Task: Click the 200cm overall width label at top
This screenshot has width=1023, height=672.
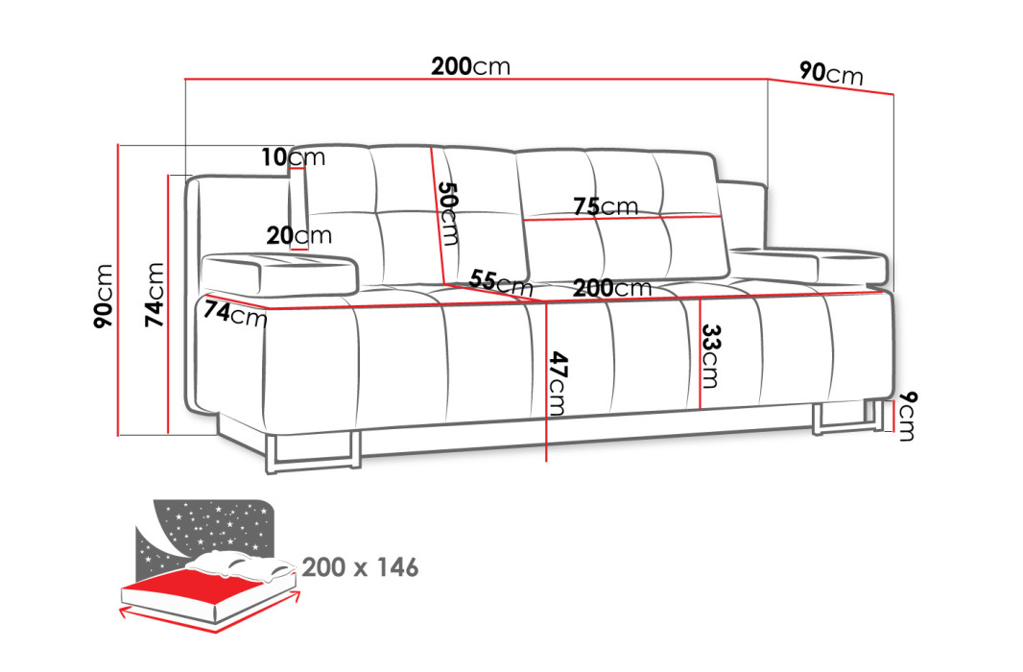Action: (470, 66)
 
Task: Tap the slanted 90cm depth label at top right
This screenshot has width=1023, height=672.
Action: (831, 73)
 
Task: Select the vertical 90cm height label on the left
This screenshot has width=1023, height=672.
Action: (104, 296)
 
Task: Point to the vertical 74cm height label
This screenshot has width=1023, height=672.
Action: (154, 295)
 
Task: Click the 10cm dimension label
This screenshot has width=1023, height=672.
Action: (293, 156)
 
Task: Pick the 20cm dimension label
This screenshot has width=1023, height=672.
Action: (298, 235)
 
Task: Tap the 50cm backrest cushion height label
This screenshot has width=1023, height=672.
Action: (449, 213)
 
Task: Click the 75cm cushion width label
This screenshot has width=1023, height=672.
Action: (606, 206)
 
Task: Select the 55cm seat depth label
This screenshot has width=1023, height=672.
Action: (501, 282)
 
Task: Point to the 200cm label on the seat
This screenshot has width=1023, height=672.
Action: (612, 288)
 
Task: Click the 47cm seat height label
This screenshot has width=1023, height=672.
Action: (558, 383)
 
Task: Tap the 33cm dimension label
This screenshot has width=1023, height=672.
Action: (710, 355)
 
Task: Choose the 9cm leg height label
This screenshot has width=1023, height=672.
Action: (906, 416)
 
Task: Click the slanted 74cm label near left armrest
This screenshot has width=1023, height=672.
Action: (235, 313)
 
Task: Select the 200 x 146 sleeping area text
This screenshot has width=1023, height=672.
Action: (360, 567)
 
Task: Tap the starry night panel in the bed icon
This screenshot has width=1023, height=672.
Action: (205, 528)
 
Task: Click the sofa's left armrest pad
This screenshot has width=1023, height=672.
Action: (280, 274)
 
